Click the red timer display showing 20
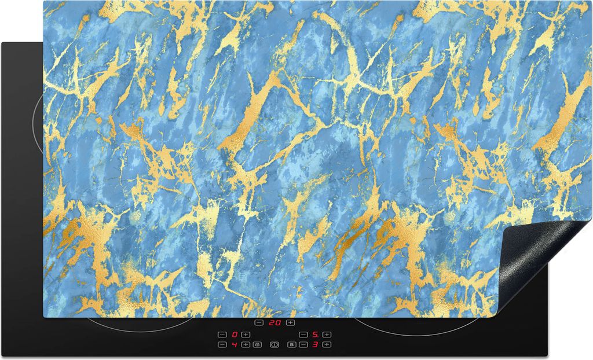point(274,323)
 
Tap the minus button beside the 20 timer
point(259,323)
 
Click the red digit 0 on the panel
point(235,335)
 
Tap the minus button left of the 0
point(222,335)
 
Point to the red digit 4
point(235,345)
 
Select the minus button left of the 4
point(222,345)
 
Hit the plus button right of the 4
point(246,345)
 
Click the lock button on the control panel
point(257,345)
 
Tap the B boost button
point(292,345)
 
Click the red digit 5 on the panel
point(315,335)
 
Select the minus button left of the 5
point(303,335)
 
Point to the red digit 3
point(315,345)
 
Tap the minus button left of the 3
point(303,345)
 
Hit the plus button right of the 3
point(327,345)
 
